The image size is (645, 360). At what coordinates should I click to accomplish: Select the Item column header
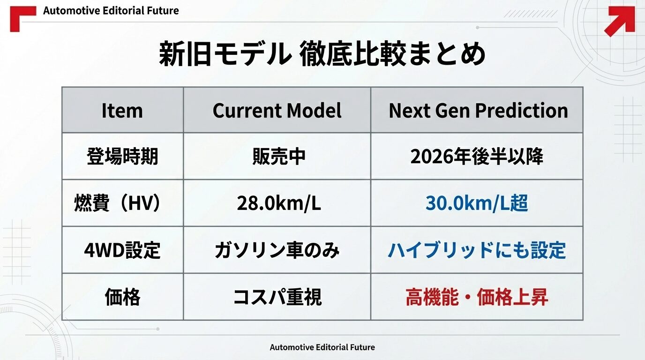pos(122,111)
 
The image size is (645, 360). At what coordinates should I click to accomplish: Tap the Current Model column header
pos(277,111)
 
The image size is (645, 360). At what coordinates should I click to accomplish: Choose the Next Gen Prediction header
pos(478,111)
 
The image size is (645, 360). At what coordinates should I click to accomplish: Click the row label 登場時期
pos(122,157)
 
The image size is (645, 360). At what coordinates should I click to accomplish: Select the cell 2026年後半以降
pos(477,157)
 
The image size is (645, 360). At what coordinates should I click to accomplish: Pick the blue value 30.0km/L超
pos(477,203)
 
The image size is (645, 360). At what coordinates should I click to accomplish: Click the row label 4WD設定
pos(122,250)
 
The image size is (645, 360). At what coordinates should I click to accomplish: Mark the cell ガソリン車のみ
pos(277,250)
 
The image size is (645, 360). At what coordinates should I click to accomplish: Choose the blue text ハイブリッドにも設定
pos(477,250)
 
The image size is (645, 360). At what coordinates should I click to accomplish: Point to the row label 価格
pos(122,297)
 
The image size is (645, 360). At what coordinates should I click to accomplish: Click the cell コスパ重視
pos(277,297)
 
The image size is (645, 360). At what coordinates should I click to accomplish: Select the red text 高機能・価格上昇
pos(477,297)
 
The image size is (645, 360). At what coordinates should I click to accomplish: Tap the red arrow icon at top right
pos(619,21)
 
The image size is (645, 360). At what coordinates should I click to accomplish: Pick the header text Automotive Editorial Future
pos(111,11)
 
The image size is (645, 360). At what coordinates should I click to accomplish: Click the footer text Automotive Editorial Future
pos(322,347)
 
